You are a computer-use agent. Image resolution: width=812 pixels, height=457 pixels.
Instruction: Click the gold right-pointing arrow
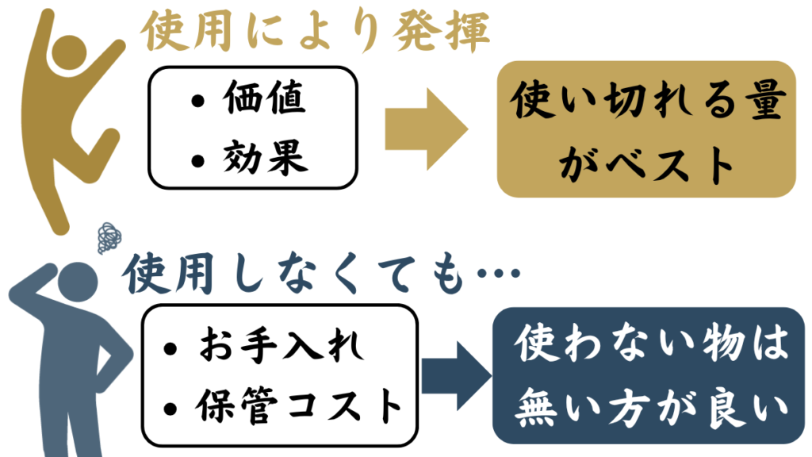(427, 129)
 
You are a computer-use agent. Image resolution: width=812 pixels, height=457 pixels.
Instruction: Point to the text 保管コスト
(298, 405)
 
